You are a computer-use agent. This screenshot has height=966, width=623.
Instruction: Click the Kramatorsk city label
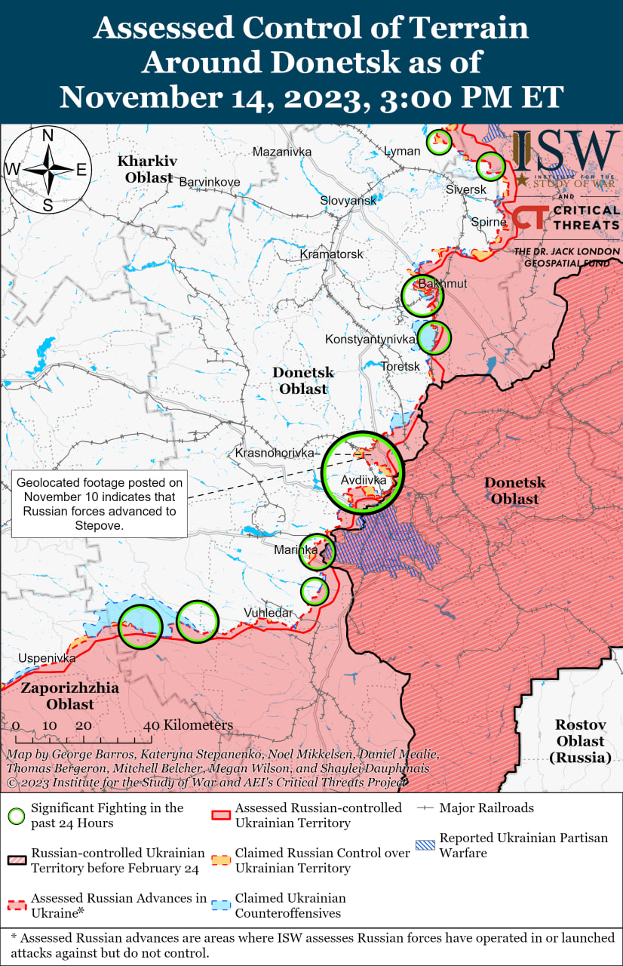331,254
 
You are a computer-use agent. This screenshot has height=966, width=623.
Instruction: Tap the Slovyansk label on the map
348,201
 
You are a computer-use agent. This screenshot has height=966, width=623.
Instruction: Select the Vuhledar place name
268,613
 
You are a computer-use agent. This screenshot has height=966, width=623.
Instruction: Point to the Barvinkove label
209,182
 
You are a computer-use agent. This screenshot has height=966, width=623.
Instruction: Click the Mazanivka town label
282,152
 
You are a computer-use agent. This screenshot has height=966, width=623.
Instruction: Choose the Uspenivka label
48,658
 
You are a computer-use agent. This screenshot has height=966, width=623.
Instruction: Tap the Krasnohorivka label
275,453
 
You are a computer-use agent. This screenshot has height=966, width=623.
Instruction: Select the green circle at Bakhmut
422,296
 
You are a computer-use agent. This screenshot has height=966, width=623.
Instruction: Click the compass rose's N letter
47,137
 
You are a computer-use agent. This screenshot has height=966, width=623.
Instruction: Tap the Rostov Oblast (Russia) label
582,740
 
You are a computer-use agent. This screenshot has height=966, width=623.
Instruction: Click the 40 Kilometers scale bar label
189,725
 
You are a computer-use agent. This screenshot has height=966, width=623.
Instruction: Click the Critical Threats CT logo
532,220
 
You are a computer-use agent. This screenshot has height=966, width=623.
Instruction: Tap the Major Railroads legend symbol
425,808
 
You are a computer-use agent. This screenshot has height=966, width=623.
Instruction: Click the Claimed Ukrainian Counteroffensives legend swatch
220,905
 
